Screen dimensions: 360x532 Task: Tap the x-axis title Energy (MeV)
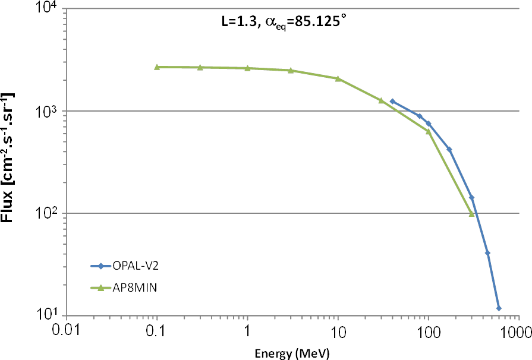(292, 353)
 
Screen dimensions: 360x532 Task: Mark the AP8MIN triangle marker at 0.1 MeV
(157, 67)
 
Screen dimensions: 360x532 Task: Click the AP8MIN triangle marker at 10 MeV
(338, 78)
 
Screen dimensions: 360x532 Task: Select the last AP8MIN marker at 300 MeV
(471, 214)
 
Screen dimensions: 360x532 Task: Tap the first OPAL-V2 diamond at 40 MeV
(392, 102)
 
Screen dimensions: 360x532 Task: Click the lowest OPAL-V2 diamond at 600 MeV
(499, 308)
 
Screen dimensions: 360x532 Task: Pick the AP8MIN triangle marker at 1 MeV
(247, 68)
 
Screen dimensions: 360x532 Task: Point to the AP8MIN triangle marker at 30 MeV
(381, 100)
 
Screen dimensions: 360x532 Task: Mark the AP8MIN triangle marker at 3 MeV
(291, 70)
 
